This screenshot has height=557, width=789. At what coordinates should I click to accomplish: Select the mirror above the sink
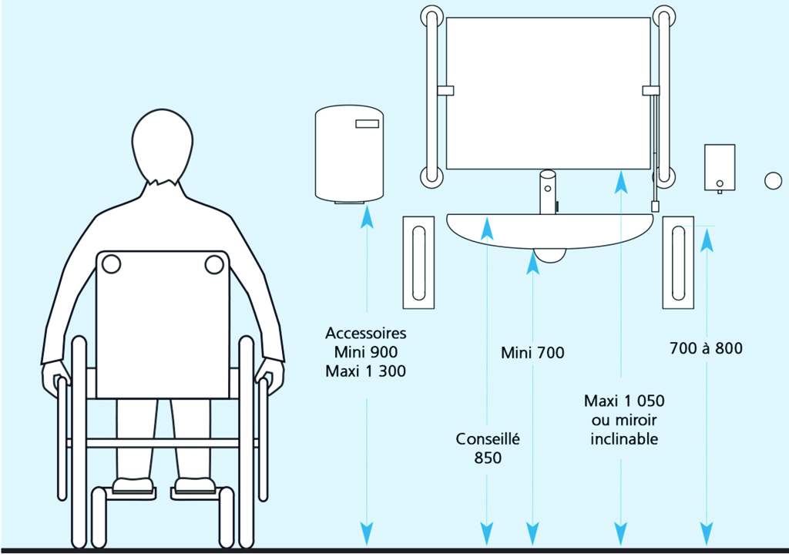(x=549, y=92)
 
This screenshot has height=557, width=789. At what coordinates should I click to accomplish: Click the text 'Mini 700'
(x=532, y=354)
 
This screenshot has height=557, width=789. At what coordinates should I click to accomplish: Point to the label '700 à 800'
(x=707, y=348)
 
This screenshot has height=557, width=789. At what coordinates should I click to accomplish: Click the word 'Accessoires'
(x=365, y=334)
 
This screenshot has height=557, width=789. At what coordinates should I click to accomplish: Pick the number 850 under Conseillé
(x=488, y=458)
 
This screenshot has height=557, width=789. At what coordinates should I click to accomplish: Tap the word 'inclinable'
(x=624, y=439)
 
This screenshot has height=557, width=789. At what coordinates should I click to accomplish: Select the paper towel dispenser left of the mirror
(x=349, y=154)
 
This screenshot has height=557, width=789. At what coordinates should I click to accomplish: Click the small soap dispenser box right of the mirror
(x=719, y=168)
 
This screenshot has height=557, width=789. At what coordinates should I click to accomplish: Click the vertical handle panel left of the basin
(x=419, y=262)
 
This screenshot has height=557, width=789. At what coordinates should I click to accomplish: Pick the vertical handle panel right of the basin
(x=678, y=262)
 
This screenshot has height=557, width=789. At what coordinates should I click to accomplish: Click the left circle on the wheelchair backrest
(x=110, y=264)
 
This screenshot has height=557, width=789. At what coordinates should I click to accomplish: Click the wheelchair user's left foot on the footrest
(x=131, y=486)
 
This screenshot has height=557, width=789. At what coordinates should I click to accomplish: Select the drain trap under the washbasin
(x=549, y=255)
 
